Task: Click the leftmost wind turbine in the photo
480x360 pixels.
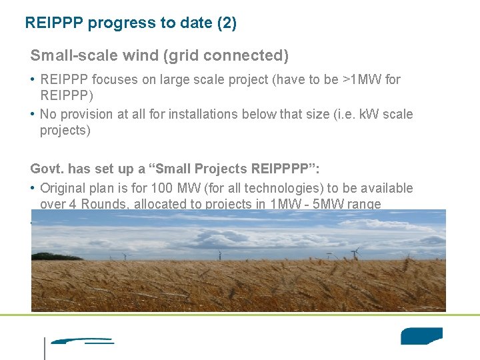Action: point(125,255)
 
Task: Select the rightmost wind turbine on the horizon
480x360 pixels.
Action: point(355,253)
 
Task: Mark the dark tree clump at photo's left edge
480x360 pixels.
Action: point(45,256)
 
